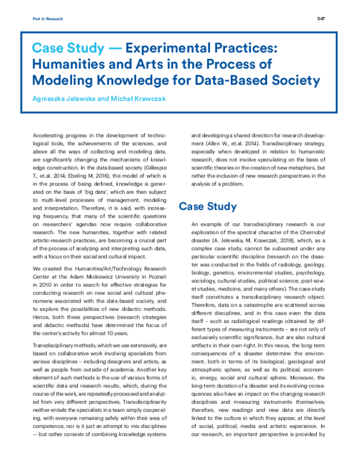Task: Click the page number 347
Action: [x=321, y=19]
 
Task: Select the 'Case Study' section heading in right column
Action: [x=208, y=206]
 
